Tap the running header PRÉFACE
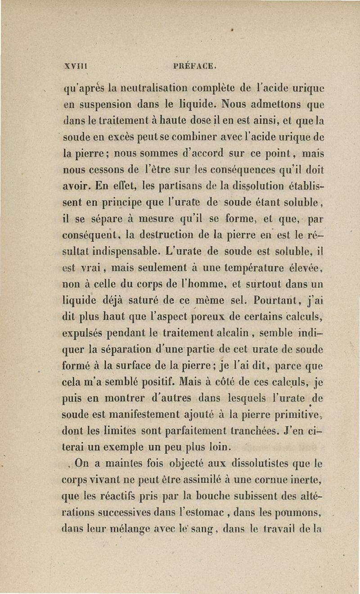[195, 67]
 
